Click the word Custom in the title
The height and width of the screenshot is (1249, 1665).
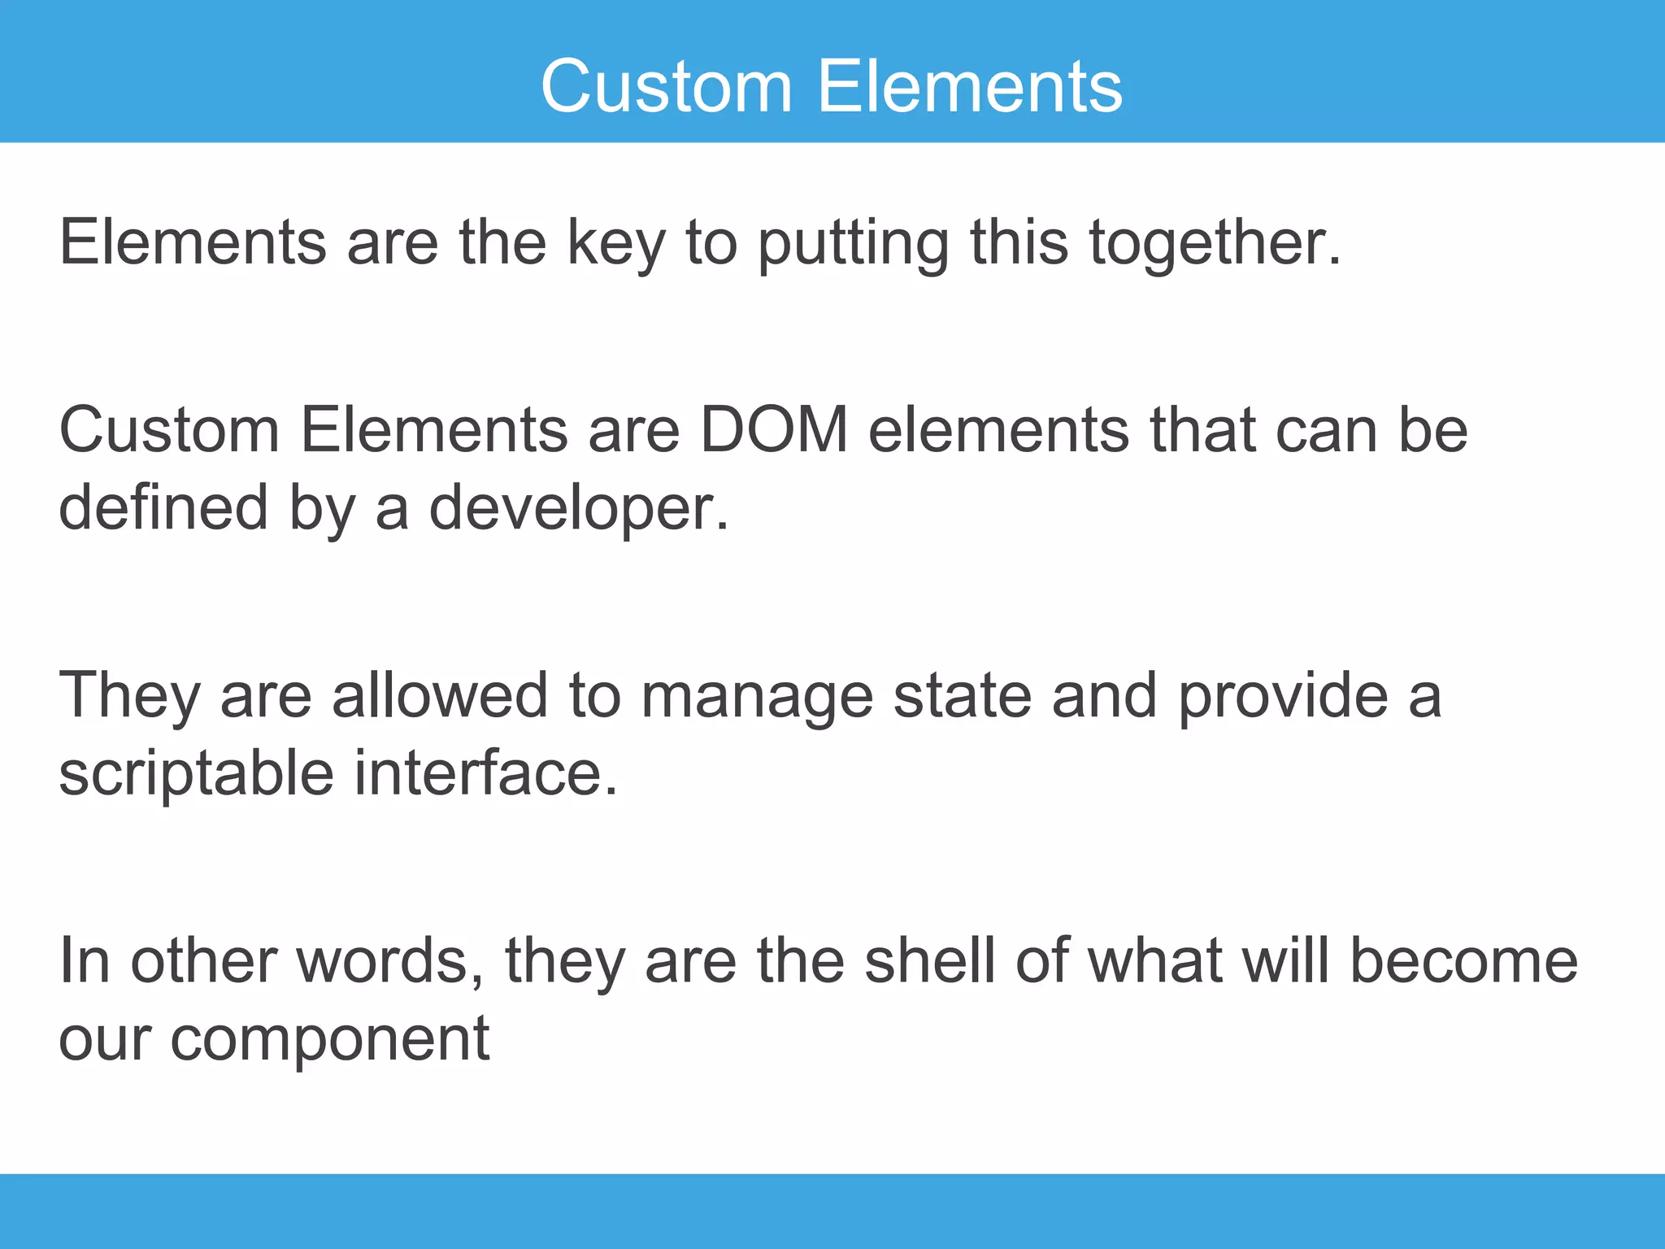point(667,86)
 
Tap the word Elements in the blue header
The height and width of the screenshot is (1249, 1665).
point(970,86)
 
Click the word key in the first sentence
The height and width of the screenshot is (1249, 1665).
point(615,243)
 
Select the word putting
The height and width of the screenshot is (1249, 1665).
point(854,243)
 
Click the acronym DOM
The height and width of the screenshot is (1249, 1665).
point(774,430)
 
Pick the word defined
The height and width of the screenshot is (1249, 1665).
point(163,507)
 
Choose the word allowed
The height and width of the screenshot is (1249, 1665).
point(440,695)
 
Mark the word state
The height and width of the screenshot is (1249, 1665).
point(963,695)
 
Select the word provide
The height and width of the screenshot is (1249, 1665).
point(1283,695)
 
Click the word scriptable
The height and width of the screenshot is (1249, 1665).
point(196,773)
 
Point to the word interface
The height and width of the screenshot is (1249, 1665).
point(485,773)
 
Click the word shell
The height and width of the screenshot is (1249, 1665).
point(930,961)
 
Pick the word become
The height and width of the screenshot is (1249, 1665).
point(1463,961)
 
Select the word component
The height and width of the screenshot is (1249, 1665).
point(329,1040)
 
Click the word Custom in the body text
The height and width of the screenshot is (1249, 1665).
point(169,430)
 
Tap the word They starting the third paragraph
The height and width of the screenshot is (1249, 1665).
point(129,695)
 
